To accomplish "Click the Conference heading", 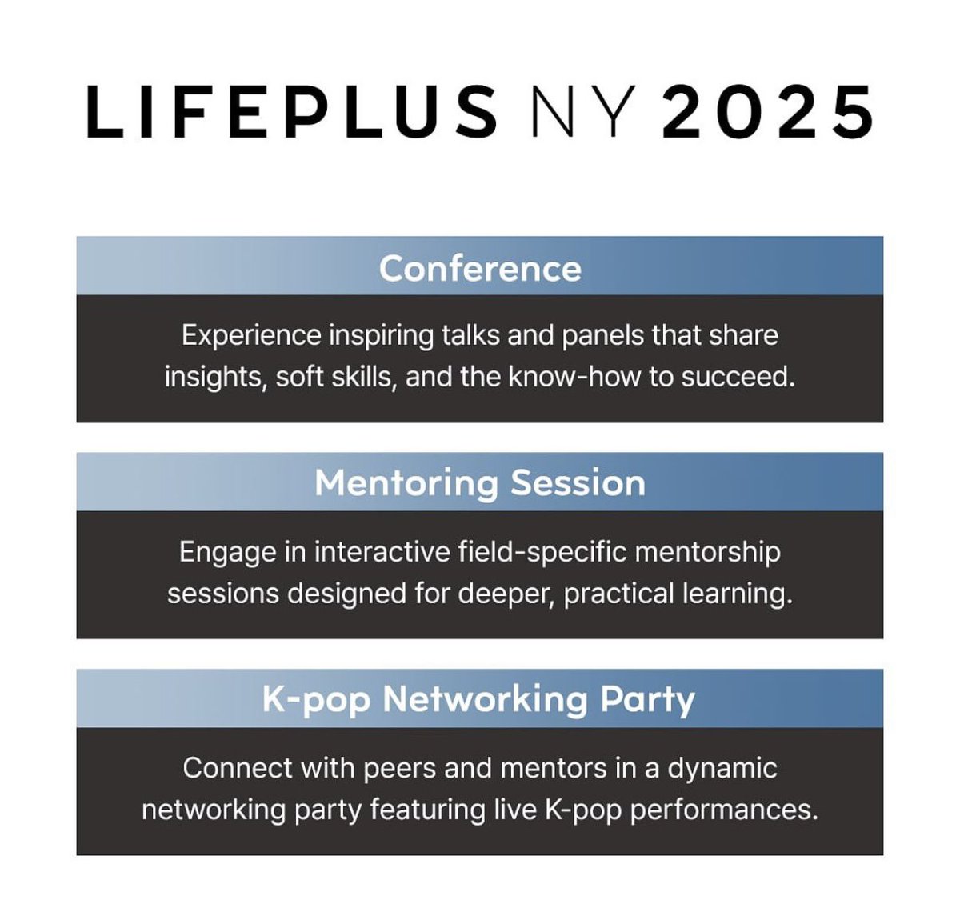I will pos(480,269).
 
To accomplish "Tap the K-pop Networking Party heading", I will pos(478,700).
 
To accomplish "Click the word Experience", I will pos(251,335).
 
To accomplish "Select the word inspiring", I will pos(382,335).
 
